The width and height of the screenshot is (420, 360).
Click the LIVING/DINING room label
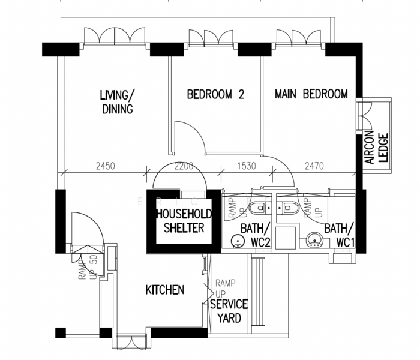[117, 101]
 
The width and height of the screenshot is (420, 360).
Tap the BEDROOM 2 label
[215, 94]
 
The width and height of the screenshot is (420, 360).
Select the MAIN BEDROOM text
[311, 94]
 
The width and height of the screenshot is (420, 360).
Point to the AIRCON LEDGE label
[376, 148]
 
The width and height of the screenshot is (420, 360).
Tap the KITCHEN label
[165, 290]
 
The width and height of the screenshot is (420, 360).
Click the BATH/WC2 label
[256, 234]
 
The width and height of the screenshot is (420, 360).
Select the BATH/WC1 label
[339, 234]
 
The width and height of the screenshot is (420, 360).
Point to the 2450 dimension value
[104, 166]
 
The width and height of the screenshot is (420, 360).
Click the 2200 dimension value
[184, 166]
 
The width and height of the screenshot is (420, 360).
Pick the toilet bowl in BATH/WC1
[289, 209]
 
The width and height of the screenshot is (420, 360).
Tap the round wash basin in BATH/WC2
[238, 241]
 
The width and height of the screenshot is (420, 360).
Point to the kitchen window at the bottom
[131, 342]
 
